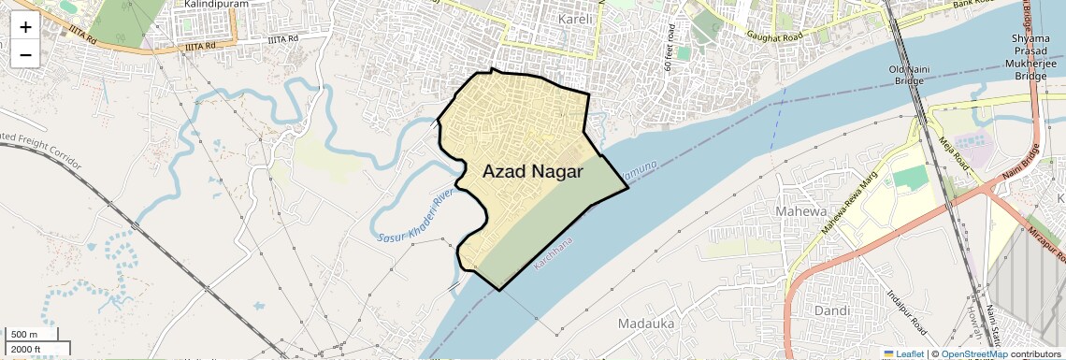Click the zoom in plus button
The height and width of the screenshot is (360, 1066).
click(25, 27)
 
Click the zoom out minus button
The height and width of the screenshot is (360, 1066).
click(25, 55)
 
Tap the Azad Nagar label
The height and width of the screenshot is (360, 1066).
click(532, 171)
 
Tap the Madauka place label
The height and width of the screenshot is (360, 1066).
click(646, 323)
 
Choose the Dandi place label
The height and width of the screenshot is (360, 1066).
click(831, 310)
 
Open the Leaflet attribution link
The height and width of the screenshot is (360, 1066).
click(903, 353)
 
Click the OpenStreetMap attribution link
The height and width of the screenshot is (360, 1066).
click(973, 353)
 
